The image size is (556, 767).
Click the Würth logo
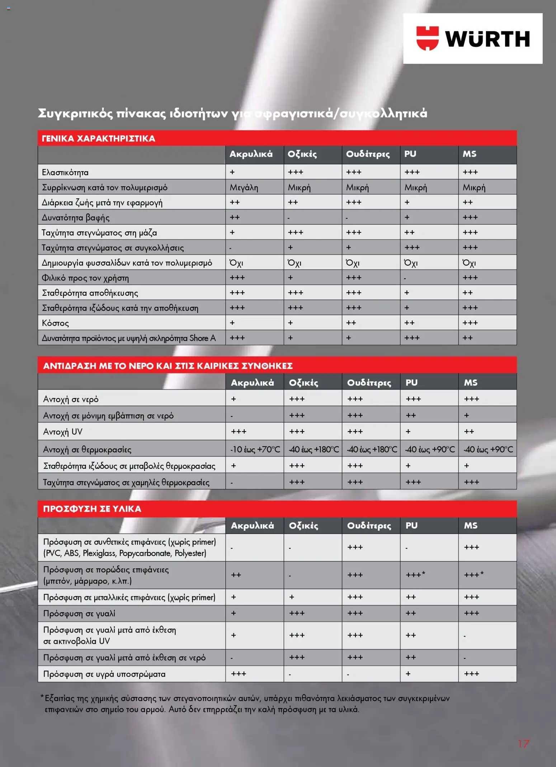472,38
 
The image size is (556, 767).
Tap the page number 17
523,744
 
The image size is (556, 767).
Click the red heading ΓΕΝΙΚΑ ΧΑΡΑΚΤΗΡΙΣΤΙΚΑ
98,138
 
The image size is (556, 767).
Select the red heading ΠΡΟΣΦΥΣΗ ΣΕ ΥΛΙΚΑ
92,509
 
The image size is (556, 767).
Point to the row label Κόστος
55,323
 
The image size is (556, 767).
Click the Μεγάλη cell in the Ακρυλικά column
244,187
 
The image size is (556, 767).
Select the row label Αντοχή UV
63,432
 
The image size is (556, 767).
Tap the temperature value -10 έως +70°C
255,449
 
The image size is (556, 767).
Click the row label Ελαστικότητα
65,172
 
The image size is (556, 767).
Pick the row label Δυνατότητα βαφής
76,218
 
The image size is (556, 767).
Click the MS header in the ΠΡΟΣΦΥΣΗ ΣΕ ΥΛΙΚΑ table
470,525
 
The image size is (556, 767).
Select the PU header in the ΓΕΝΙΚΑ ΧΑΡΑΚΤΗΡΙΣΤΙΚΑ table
410,154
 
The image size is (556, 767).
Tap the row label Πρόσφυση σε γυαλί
79,613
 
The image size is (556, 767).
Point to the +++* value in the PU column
415,575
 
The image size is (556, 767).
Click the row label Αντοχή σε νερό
71,399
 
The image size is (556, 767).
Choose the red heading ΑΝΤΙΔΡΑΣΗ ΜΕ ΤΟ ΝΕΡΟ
168,366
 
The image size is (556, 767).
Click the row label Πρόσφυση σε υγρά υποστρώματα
104,674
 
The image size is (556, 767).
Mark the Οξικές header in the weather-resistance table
303,382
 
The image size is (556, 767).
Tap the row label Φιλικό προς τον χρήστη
85,278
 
